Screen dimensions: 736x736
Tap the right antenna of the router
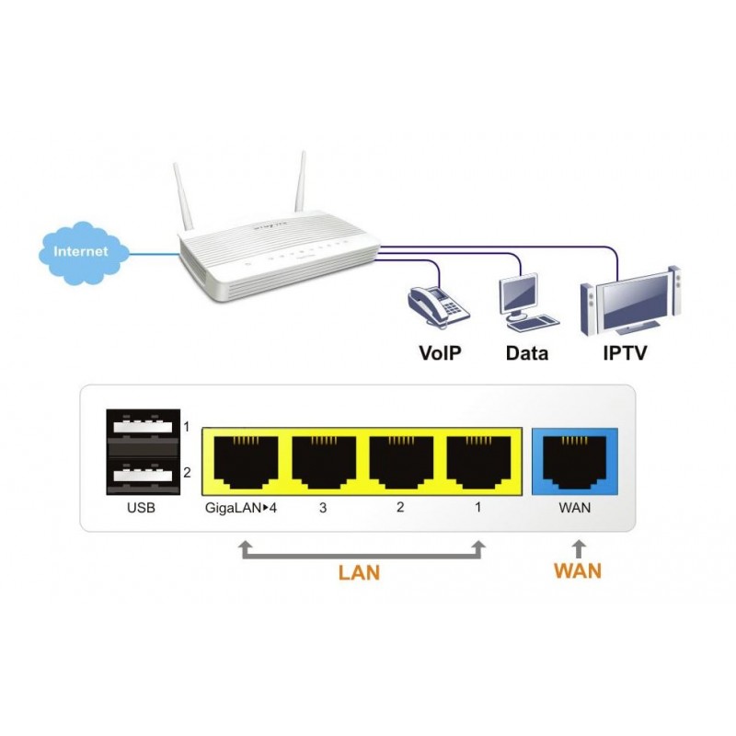(300, 183)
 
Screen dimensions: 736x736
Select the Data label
(527, 353)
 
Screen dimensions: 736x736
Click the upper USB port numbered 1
(141, 428)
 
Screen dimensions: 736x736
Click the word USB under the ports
(141, 507)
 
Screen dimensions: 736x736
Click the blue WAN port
(576, 460)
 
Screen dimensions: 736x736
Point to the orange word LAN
(359, 572)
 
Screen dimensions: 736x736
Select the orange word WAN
(577, 570)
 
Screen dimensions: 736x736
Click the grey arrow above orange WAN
(577, 549)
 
